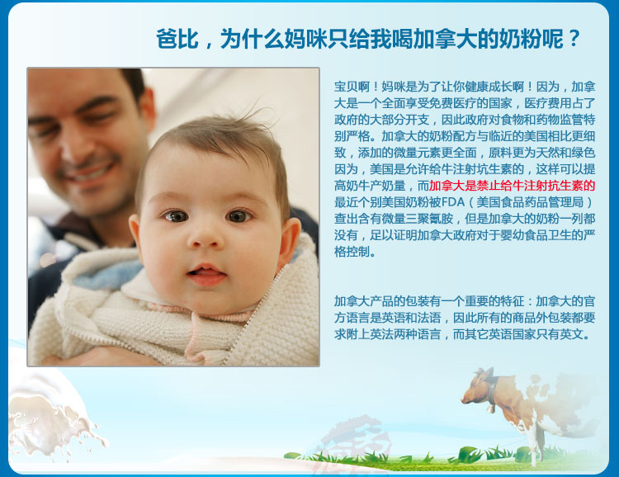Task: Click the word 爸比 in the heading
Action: (x=177, y=39)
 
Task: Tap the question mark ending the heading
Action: (x=574, y=39)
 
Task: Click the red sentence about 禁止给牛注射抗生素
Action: (x=512, y=186)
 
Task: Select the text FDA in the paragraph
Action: (x=453, y=202)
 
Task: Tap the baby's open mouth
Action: (x=206, y=274)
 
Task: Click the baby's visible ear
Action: (x=290, y=242)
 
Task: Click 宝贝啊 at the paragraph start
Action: (x=352, y=87)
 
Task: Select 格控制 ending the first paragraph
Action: (x=352, y=252)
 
